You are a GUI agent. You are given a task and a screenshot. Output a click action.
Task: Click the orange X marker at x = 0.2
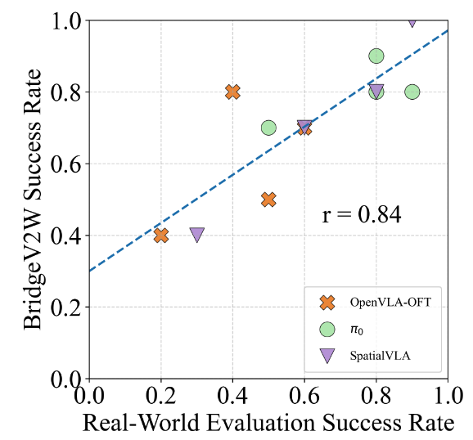click(161, 236)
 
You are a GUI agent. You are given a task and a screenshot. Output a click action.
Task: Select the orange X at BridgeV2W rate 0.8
click(232, 92)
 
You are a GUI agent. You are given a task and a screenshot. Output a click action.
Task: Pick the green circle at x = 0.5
click(268, 128)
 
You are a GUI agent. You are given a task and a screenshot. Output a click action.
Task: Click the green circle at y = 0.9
click(376, 56)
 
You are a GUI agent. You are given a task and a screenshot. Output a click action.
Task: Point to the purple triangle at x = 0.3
click(197, 235)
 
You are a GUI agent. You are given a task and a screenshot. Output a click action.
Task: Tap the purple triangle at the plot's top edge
click(412, 22)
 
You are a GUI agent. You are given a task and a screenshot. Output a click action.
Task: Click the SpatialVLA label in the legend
click(380, 355)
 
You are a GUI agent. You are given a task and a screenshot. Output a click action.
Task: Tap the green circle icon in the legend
click(327, 329)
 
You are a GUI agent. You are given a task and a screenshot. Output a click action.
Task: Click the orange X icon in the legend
click(327, 302)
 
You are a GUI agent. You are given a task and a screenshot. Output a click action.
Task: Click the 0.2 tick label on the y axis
click(65, 308)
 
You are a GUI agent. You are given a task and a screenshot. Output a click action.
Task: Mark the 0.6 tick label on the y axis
click(65, 164)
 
